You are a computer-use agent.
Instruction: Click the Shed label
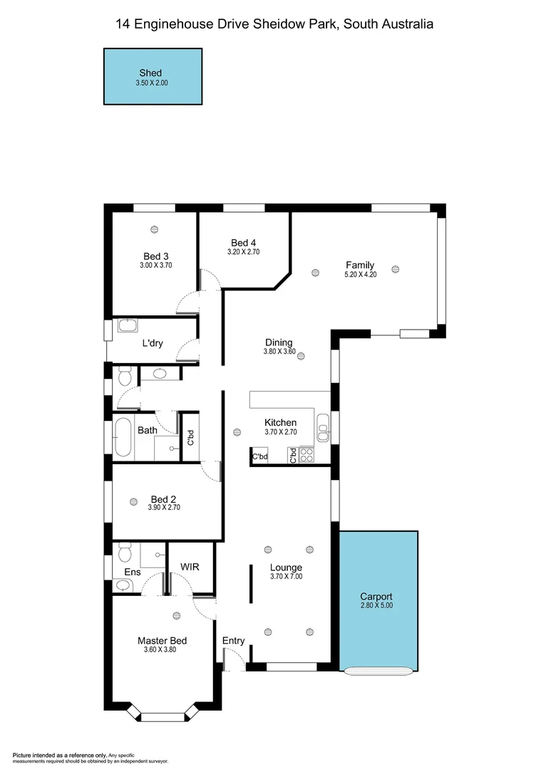click(150, 73)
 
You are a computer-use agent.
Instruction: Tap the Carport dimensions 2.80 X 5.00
click(376, 606)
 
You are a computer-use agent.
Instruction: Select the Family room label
click(360, 265)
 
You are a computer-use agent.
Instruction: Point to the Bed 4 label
click(243, 241)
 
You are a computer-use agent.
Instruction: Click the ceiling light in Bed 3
click(154, 229)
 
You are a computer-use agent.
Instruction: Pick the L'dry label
click(153, 343)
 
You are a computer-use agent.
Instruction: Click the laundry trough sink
click(128, 326)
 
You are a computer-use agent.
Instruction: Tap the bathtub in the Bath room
click(122, 437)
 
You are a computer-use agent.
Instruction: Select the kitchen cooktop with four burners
click(306, 455)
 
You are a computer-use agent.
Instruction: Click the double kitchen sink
click(323, 428)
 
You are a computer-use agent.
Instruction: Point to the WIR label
click(190, 566)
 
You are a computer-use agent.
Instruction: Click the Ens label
click(133, 572)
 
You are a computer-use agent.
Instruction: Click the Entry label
click(233, 641)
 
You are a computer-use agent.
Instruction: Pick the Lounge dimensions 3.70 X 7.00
click(286, 577)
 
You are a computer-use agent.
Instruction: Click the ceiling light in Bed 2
click(133, 502)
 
